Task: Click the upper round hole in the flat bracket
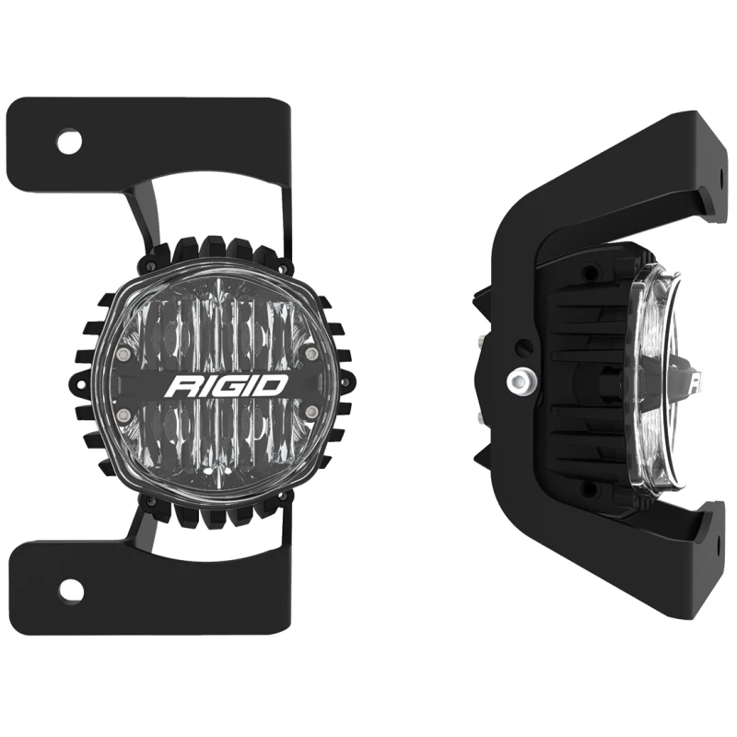pos(68,142)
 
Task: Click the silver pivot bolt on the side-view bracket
pos(520,379)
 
